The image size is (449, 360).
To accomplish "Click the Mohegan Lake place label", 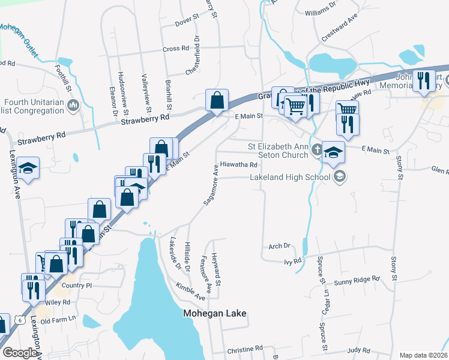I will tap(214, 313).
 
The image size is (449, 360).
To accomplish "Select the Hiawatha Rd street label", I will tap(238, 164).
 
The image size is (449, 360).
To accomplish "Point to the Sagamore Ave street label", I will tap(210, 185).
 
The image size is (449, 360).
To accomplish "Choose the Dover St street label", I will tap(186, 23).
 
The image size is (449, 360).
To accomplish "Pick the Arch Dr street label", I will tap(279, 246).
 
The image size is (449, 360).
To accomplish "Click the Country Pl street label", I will tap(76, 286).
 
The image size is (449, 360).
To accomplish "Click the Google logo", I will tap(20, 353).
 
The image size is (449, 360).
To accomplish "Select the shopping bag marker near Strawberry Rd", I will tap(216, 100).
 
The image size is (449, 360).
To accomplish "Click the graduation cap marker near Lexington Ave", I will tap(28, 169).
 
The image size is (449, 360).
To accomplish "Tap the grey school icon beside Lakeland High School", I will tap(340, 176).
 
